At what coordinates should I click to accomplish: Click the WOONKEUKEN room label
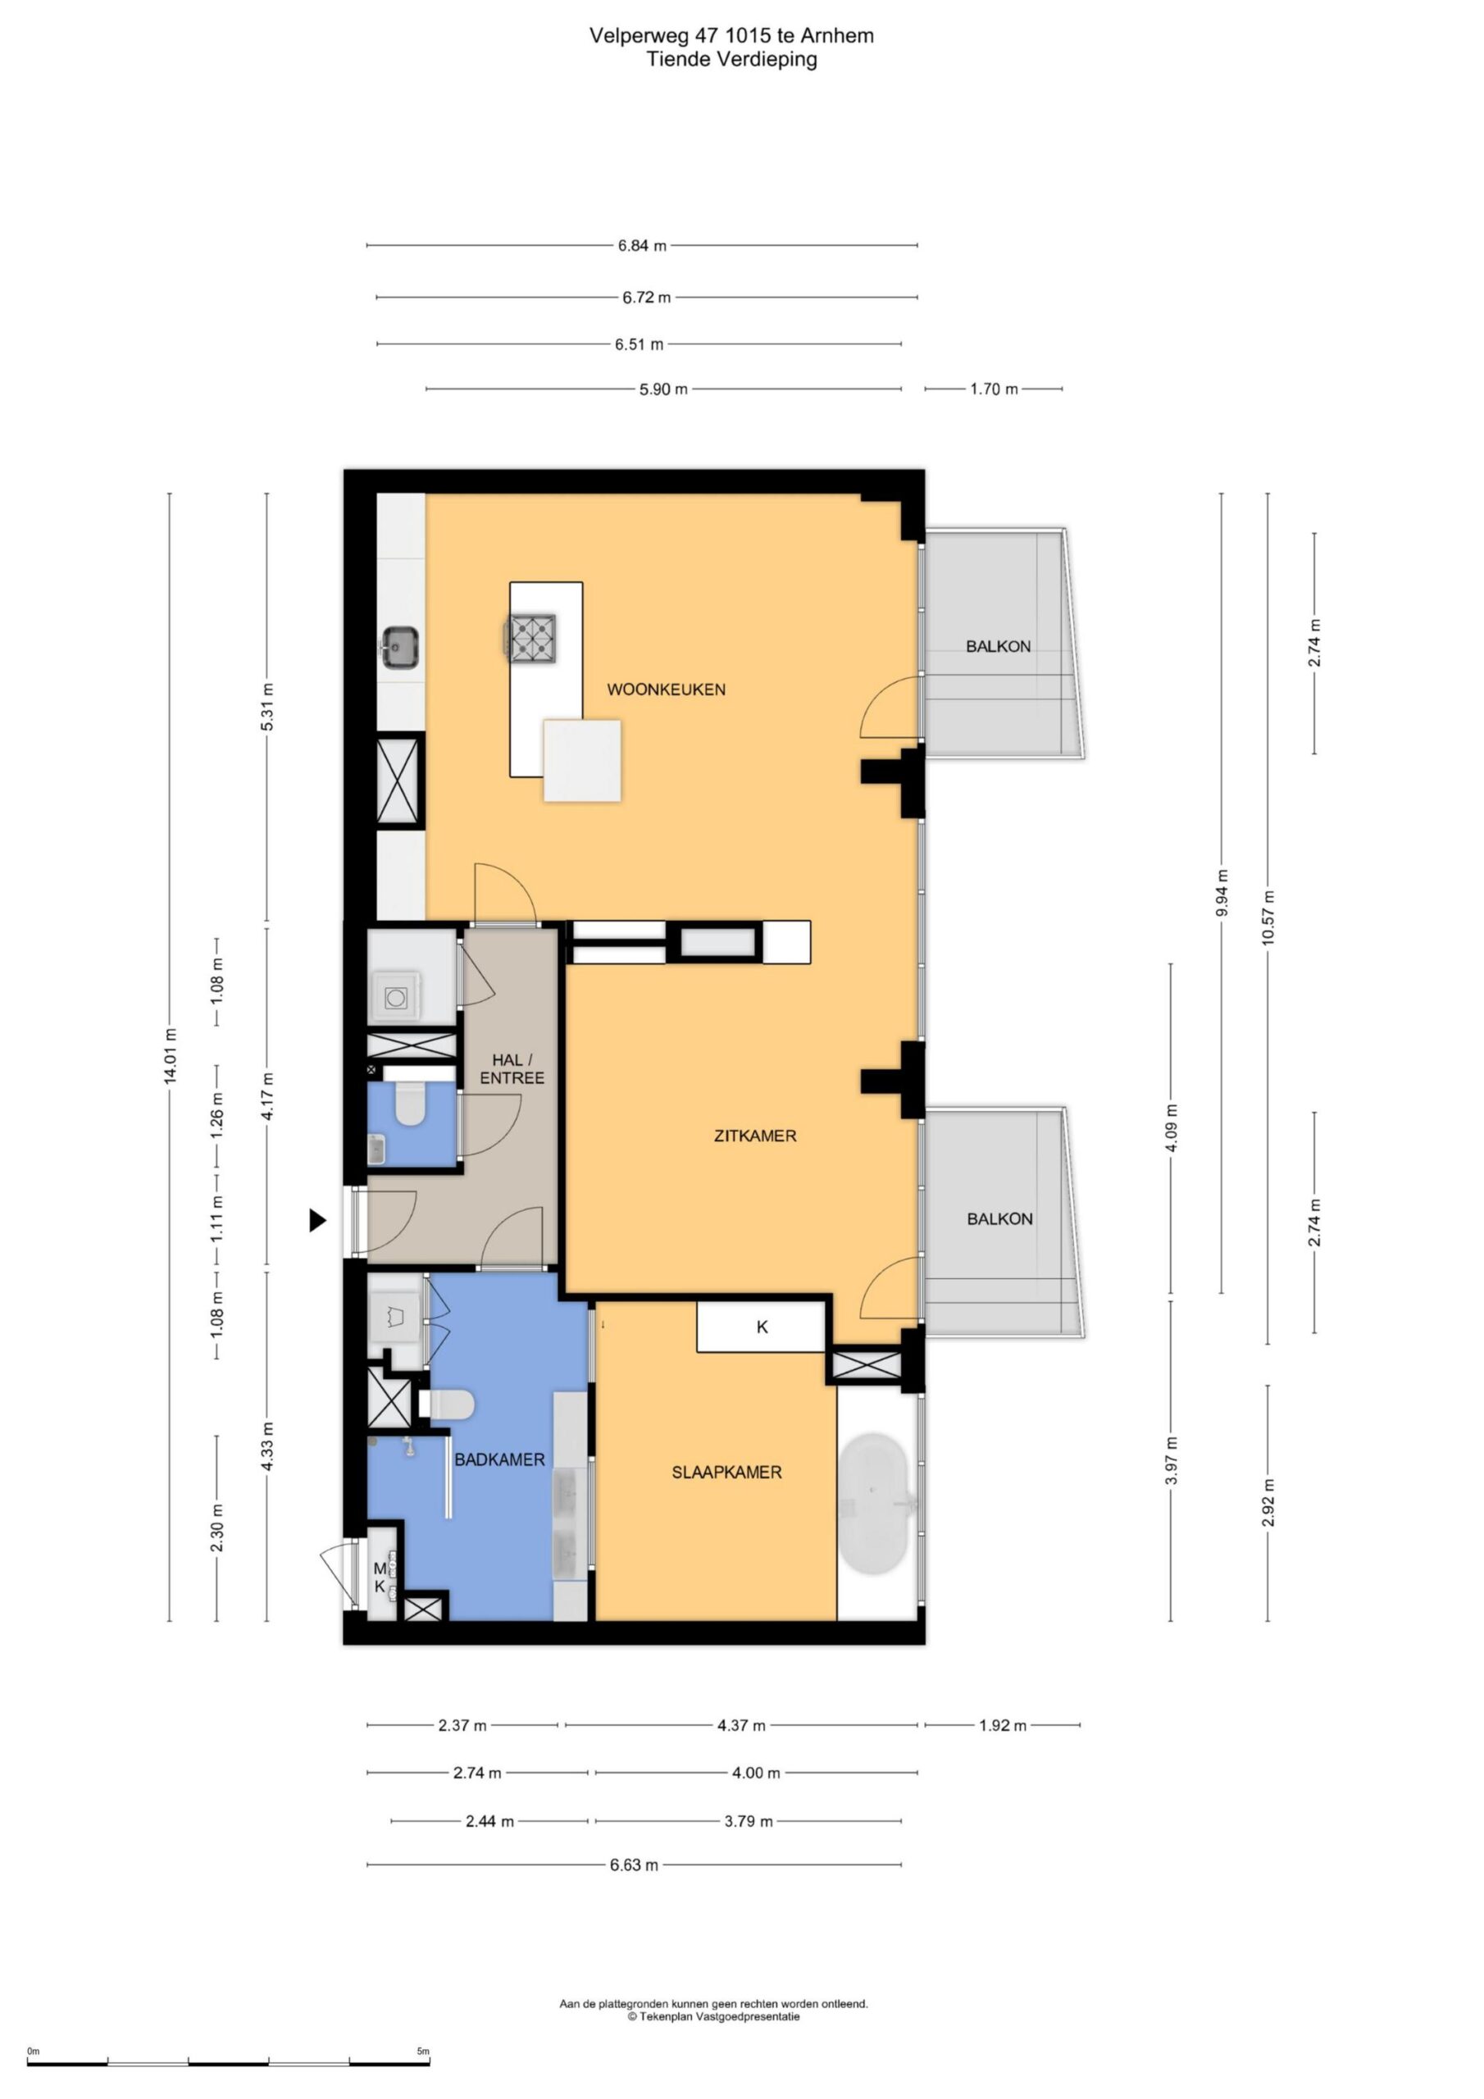[x=666, y=690]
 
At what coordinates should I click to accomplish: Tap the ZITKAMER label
[x=755, y=1136]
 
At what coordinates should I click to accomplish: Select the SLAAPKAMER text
[x=727, y=1472]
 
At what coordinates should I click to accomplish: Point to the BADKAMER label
[x=499, y=1459]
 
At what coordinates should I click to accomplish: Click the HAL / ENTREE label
[x=512, y=1068]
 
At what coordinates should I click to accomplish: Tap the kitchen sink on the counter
[x=399, y=647]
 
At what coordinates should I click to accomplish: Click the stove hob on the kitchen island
[x=532, y=638]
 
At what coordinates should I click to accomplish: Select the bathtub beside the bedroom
[x=875, y=1503]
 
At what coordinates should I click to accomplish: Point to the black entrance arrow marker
[x=317, y=1219]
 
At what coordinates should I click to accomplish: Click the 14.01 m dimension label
[x=170, y=1056]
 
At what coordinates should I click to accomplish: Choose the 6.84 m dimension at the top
[x=642, y=245]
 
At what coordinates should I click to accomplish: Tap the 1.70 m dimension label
[x=994, y=389]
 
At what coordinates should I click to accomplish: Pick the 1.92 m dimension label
[x=1003, y=1726]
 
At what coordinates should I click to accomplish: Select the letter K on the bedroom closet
[x=762, y=1327]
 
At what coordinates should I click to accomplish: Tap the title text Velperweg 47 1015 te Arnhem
[x=731, y=35]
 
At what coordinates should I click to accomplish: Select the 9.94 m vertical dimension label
[x=1222, y=892]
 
